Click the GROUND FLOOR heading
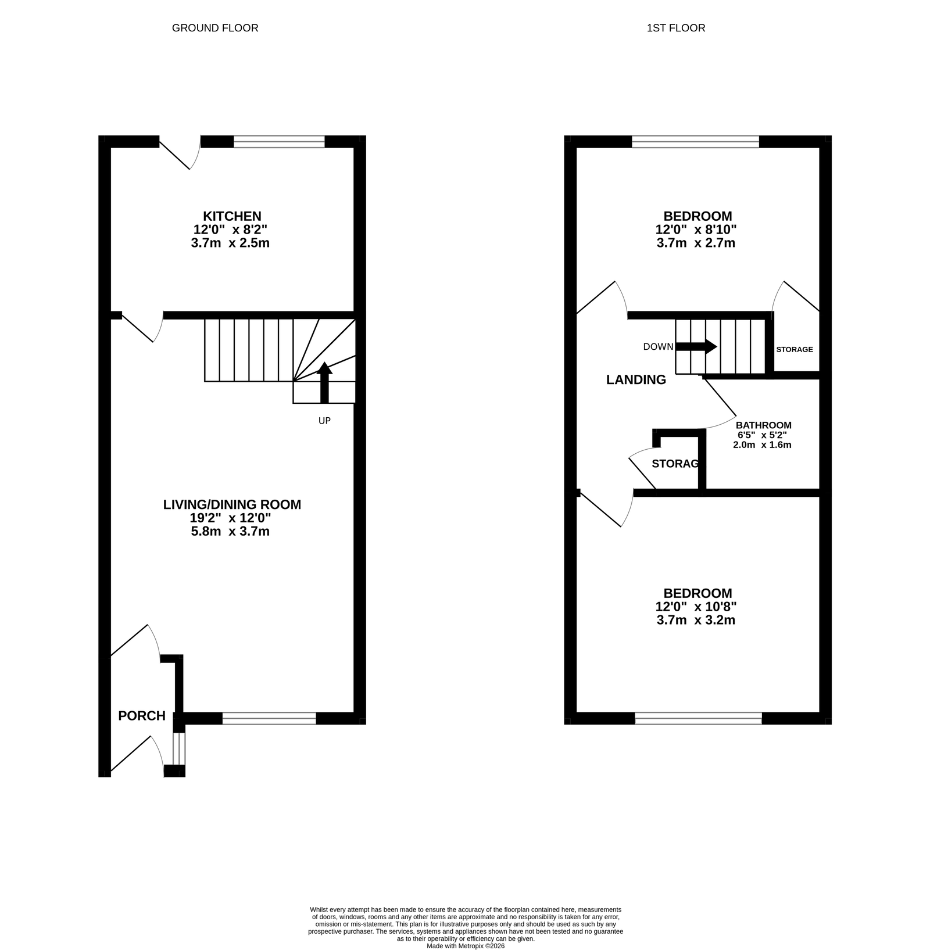point(215,28)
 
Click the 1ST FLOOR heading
point(676,28)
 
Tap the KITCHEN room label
point(232,216)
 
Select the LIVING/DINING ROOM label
point(232,504)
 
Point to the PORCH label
point(142,716)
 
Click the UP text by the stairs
point(324,421)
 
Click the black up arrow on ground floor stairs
point(324,382)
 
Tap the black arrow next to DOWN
point(696,346)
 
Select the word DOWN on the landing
point(658,347)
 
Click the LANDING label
point(636,380)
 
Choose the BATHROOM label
point(764,425)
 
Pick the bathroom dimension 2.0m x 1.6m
point(762,445)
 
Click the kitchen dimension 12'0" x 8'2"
point(230,230)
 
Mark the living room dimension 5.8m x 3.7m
point(230,531)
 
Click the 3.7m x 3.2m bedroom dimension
point(696,620)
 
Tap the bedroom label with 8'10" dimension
point(697,216)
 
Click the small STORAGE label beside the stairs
point(795,349)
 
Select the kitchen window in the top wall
point(279,142)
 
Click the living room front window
point(269,718)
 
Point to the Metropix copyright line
point(466,946)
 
